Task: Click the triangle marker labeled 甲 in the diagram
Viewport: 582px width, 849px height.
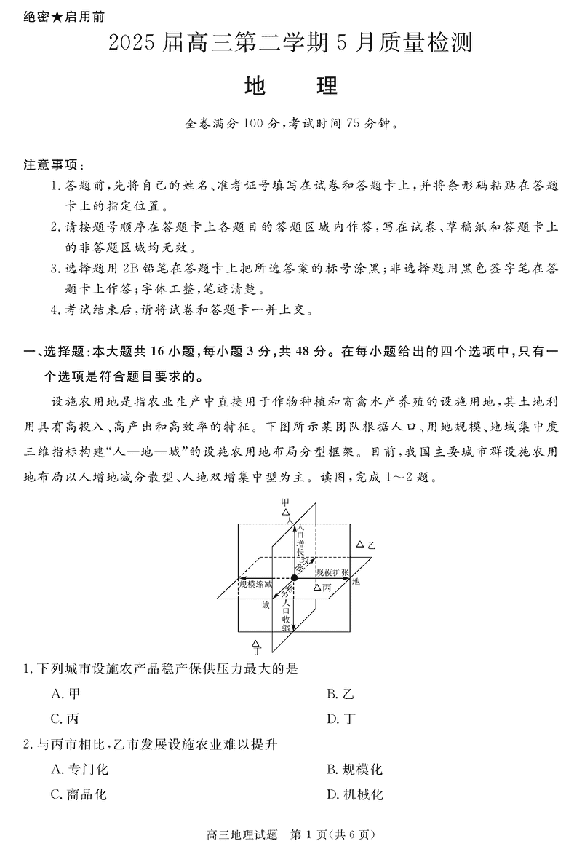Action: pyautogui.click(x=286, y=513)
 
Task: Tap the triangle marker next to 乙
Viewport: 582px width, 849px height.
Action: pyautogui.click(x=359, y=544)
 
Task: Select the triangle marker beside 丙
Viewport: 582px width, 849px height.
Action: pyautogui.click(x=317, y=586)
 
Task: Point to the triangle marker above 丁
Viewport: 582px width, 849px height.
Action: pyautogui.click(x=255, y=644)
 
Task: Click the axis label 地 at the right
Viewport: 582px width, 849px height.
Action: pyautogui.click(x=356, y=583)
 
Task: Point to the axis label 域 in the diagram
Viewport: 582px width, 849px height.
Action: pyautogui.click(x=266, y=605)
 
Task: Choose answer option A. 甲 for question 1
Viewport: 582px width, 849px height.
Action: pyautogui.click(x=65, y=694)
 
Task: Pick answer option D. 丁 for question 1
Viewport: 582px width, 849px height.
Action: pyautogui.click(x=341, y=719)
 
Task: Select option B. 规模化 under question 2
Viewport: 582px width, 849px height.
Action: pyautogui.click(x=354, y=770)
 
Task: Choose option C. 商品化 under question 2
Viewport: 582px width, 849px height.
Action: pyautogui.click(x=79, y=794)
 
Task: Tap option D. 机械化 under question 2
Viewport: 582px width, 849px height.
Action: pyautogui.click(x=354, y=794)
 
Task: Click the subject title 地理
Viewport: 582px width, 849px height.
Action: pyautogui.click(x=291, y=87)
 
